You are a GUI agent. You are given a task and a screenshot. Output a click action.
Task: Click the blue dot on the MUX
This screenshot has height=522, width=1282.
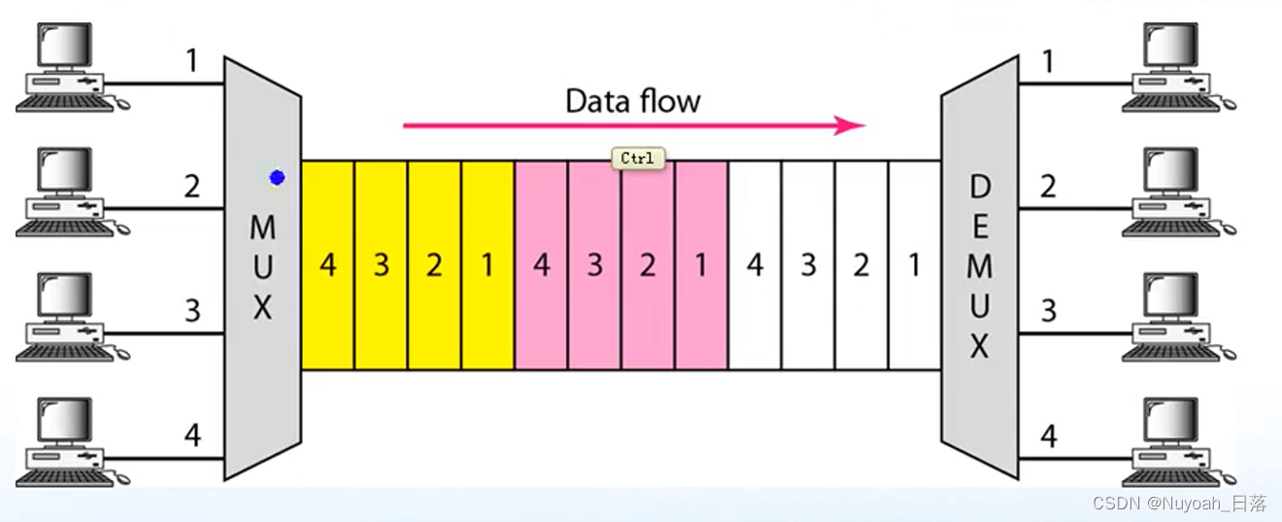click(277, 178)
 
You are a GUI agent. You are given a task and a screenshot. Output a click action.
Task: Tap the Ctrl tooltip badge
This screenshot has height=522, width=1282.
click(638, 157)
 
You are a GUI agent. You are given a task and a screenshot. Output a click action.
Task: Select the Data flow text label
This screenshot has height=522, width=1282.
click(633, 100)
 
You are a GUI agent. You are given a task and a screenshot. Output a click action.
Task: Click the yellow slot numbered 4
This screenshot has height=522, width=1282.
click(328, 265)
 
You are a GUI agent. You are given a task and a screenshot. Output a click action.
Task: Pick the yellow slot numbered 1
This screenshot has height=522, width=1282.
click(488, 265)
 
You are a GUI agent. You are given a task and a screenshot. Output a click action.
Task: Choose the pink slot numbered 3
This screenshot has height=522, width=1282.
click(594, 265)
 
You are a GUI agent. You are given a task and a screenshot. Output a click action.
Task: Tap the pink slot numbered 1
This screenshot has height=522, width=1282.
click(701, 265)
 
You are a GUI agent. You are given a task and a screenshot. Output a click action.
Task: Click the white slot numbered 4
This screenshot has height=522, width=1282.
click(755, 265)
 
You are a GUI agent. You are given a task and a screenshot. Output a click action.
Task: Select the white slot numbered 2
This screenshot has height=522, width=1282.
click(861, 265)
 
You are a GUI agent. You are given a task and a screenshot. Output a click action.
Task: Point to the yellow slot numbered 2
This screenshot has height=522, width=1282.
click(434, 265)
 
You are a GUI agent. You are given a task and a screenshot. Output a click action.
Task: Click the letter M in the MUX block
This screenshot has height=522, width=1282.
click(262, 228)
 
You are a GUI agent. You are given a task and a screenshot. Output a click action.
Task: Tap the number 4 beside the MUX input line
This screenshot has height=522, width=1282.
click(192, 436)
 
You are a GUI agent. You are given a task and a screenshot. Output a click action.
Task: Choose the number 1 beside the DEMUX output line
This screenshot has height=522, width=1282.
click(1048, 61)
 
